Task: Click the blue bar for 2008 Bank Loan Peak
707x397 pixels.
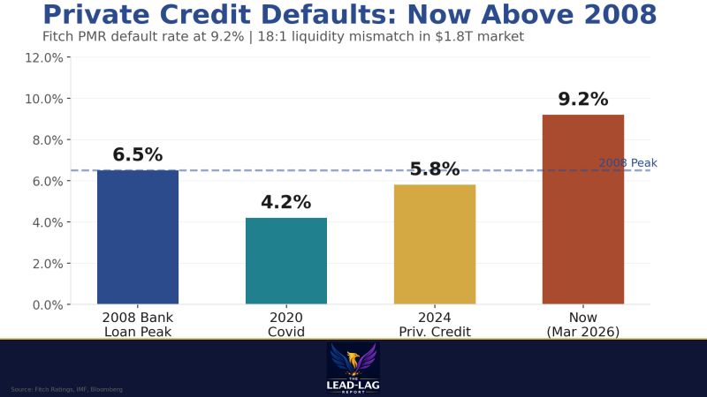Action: pyautogui.click(x=138, y=237)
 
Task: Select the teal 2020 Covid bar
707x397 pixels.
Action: pyautogui.click(x=285, y=261)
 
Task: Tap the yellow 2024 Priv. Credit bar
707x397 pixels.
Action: pyautogui.click(x=434, y=244)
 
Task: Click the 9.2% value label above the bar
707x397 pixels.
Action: pyautogui.click(x=582, y=100)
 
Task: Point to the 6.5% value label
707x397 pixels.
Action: pyautogui.click(x=138, y=155)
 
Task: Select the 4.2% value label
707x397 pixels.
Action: pyautogui.click(x=285, y=202)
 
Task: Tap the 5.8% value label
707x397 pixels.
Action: pyautogui.click(x=434, y=169)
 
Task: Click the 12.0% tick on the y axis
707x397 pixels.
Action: pyautogui.click(x=42, y=57)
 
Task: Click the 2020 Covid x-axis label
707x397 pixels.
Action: pyautogui.click(x=285, y=325)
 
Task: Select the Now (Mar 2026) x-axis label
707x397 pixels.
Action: pyautogui.click(x=583, y=325)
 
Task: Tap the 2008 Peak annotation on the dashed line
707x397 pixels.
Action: pyautogui.click(x=627, y=163)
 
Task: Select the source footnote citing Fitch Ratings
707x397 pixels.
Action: pyautogui.click(x=66, y=389)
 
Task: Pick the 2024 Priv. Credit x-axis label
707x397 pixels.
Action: pyautogui.click(x=434, y=325)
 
